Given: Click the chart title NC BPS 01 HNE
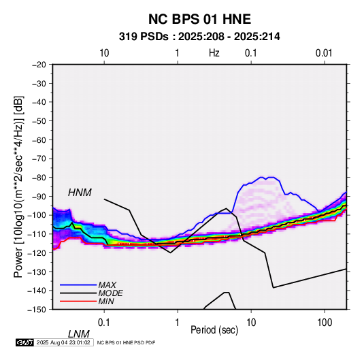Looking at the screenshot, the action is (x=199, y=19).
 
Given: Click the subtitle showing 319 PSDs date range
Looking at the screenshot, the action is (x=199, y=37).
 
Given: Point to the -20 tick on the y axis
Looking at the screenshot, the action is (x=39, y=65).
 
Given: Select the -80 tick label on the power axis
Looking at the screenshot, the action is (x=39, y=178).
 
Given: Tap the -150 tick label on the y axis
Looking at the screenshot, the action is (x=37, y=310).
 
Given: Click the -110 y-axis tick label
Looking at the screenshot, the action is (x=37, y=234).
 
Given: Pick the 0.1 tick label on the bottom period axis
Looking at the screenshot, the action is (x=104, y=323).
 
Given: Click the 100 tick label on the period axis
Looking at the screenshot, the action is (x=325, y=323).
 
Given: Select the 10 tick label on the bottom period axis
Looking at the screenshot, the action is (x=251, y=323).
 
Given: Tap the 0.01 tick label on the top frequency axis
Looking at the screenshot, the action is (x=324, y=53).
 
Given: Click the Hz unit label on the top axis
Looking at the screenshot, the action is (x=214, y=53).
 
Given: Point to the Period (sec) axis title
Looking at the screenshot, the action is (x=214, y=330).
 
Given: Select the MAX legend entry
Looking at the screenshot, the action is (x=107, y=285).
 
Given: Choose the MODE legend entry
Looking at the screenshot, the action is (x=110, y=293).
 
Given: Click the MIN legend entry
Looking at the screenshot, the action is (x=106, y=301).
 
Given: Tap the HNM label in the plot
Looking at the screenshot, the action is (x=80, y=193).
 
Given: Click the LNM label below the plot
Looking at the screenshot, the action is (x=78, y=334).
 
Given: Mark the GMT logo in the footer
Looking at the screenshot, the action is (x=25, y=342).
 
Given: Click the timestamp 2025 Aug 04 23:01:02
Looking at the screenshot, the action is (x=63, y=342).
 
